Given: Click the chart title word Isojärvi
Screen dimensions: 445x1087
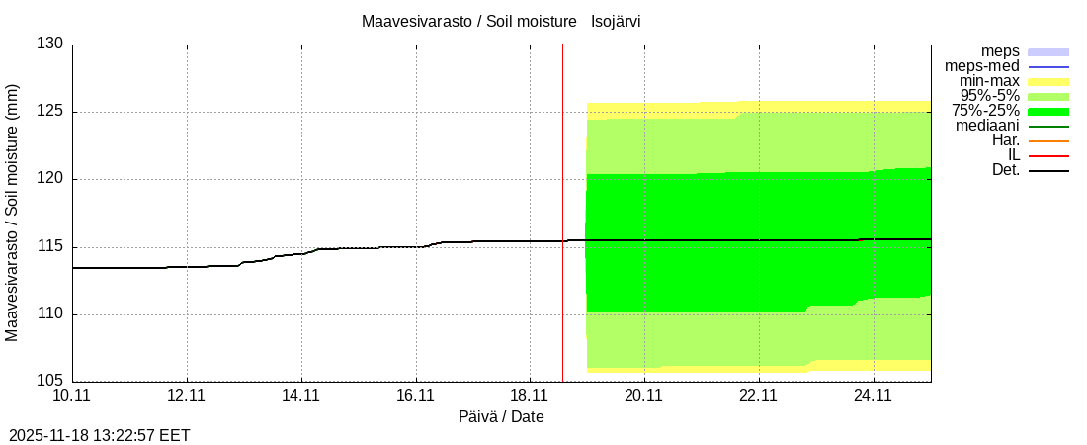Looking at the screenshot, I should click(x=623, y=21).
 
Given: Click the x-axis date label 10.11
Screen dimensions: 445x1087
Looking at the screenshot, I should click(x=72, y=396).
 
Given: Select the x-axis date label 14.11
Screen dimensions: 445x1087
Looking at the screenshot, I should click(x=300, y=396).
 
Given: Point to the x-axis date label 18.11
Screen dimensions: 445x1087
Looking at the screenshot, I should click(x=530, y=396).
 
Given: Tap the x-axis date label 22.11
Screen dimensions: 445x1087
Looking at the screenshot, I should click(x=758, y=396).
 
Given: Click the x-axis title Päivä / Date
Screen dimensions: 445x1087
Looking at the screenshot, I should click(x=501, y=417).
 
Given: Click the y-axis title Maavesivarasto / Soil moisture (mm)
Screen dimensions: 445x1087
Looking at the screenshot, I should click(x=13, y=213).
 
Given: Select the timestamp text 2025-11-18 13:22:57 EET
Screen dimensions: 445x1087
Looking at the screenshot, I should click(x=100, y=435).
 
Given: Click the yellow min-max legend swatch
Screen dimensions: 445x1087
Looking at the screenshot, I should click(x=1048, y=81).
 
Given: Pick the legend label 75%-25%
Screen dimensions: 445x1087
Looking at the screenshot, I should click(x=985, y=111).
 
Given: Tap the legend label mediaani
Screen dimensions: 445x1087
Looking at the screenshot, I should click(x=987, y=126).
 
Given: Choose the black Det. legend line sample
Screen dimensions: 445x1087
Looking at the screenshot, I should click(x=1048, y=171).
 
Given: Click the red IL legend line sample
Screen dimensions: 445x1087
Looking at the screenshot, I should click(x=1048, y=156).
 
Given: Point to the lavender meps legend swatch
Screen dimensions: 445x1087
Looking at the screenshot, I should click(x=1048, y=51).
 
